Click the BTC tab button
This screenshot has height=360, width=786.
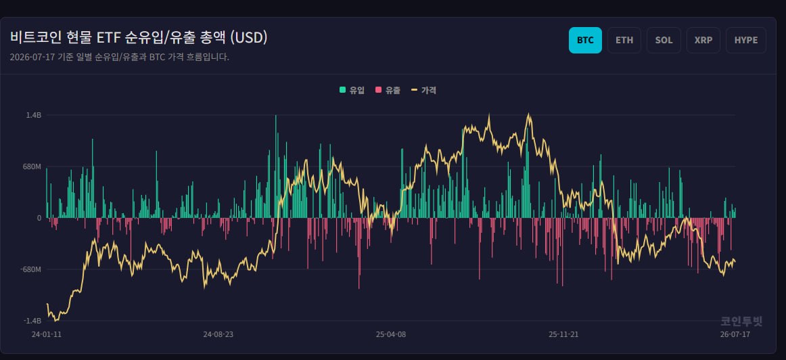585,40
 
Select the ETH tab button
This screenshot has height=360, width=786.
624,40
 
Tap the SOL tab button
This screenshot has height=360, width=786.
664,40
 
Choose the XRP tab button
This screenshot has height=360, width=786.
703,40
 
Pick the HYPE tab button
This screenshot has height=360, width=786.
746,40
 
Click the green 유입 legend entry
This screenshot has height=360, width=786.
352,90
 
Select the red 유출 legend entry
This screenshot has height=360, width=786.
388,90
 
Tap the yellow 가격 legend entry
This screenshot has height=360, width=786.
423,90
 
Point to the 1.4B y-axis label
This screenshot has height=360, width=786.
34,115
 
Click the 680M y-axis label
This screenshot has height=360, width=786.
32,166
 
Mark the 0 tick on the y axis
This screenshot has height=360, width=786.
39,218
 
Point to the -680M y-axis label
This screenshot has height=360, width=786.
30,270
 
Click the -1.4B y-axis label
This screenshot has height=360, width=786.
32,321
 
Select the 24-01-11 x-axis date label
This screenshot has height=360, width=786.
47,334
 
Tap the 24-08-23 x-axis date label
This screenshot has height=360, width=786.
218,334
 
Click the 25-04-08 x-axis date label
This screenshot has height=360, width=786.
390,334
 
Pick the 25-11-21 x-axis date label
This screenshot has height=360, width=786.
563,334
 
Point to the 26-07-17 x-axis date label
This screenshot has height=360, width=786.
735,334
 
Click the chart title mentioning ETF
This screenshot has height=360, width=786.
139,38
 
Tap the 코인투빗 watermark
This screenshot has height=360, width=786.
741,321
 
